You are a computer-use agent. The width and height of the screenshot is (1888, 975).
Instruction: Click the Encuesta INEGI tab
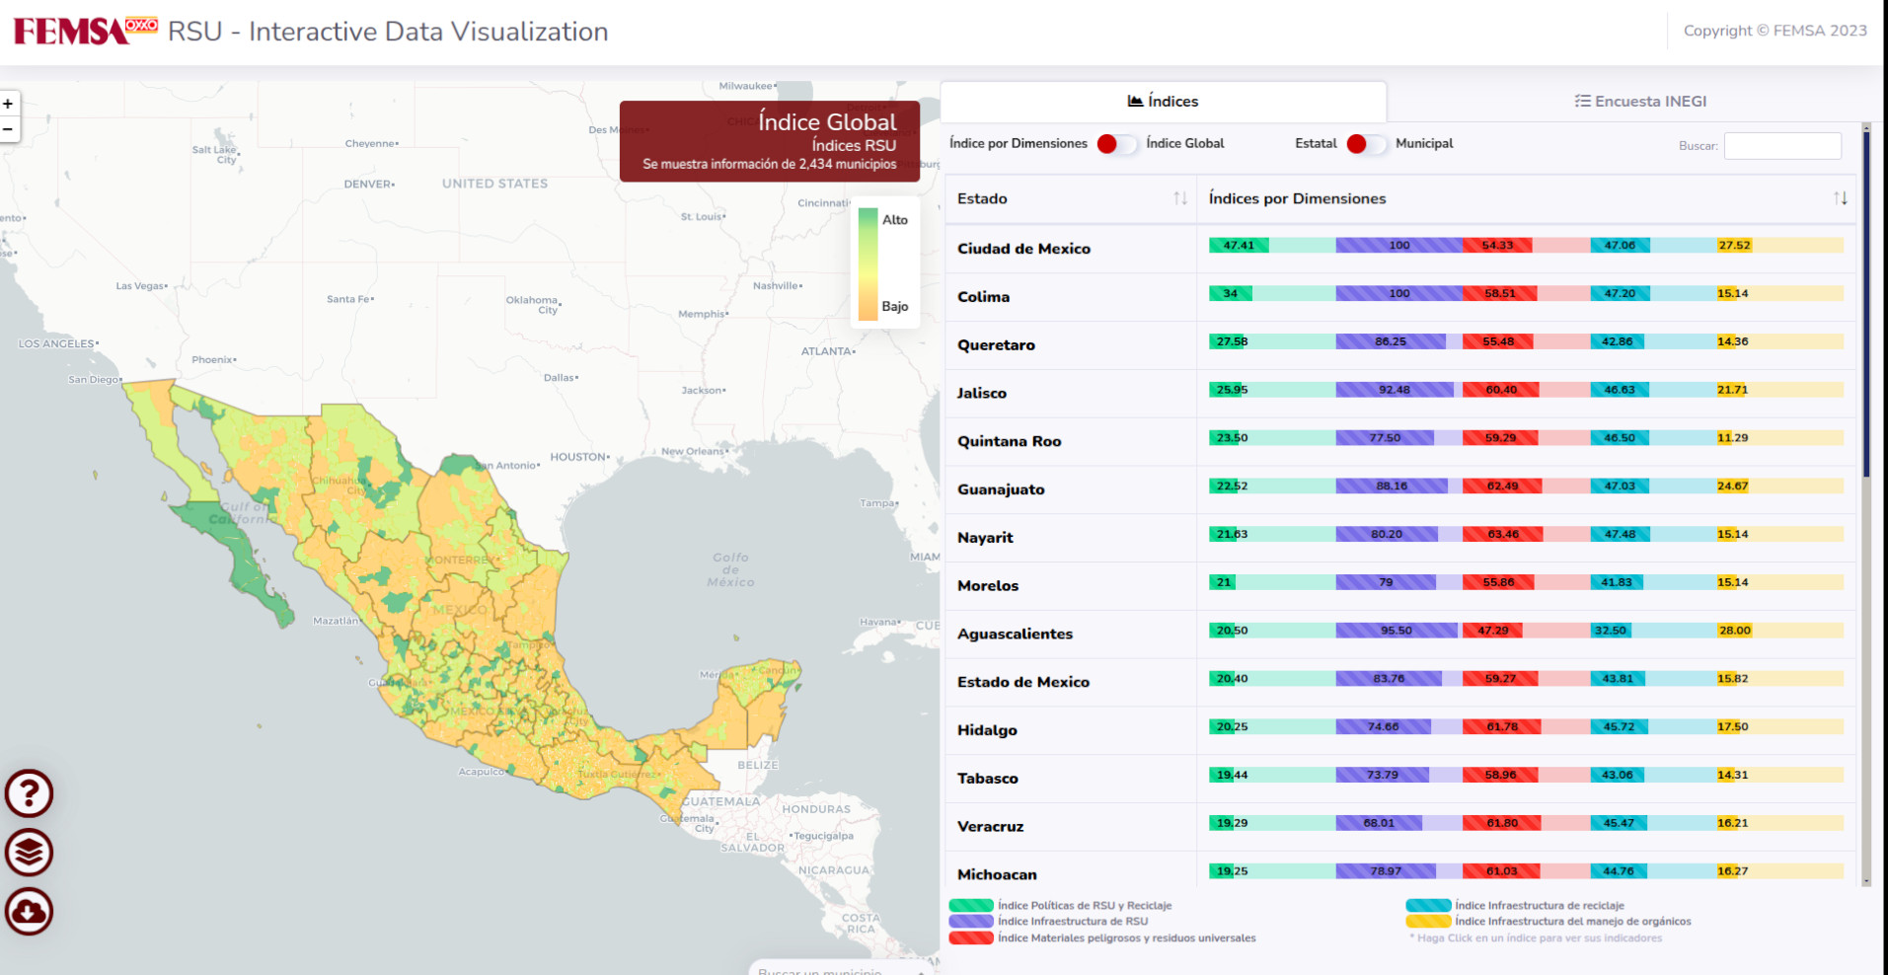click(x=1639, y=101)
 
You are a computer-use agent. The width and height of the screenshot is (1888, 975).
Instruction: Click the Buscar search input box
click(x=1781, y=146)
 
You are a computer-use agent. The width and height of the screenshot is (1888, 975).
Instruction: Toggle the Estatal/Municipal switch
click(x=1366, y=144)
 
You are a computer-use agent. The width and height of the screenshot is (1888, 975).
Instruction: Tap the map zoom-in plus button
click(x=8, y=104)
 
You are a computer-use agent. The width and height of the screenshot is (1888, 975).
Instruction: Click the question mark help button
click(x=29, y=793)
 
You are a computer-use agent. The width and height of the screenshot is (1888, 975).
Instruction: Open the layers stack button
click(x=29, y=853)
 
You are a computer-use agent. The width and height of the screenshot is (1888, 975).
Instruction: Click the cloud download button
click(x=29, y=911)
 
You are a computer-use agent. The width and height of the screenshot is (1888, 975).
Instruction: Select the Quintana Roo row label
click(x=1009, y=441)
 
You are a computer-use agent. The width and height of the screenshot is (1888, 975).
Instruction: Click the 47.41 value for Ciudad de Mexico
click(x=1239, y=246)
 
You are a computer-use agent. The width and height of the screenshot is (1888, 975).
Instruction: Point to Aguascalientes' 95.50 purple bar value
click(x=1396, y=631)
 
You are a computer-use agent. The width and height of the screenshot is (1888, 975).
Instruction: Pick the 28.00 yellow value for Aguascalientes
click(x=1734, y=631)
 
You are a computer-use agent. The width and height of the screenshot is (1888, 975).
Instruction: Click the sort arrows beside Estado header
click(x=1179, y=198)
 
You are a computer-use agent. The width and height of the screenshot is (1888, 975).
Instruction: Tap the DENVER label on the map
click(x=368, y=185)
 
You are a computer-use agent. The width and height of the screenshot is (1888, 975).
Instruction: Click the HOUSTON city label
click(x=578, y=457)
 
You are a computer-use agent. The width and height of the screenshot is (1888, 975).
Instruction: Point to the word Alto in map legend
click(x=894, y=220)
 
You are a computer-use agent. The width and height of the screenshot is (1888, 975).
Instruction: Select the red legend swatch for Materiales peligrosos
click(x=970, y=937)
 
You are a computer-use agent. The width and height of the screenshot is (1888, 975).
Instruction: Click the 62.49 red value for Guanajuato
click(x=1502, y=486)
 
